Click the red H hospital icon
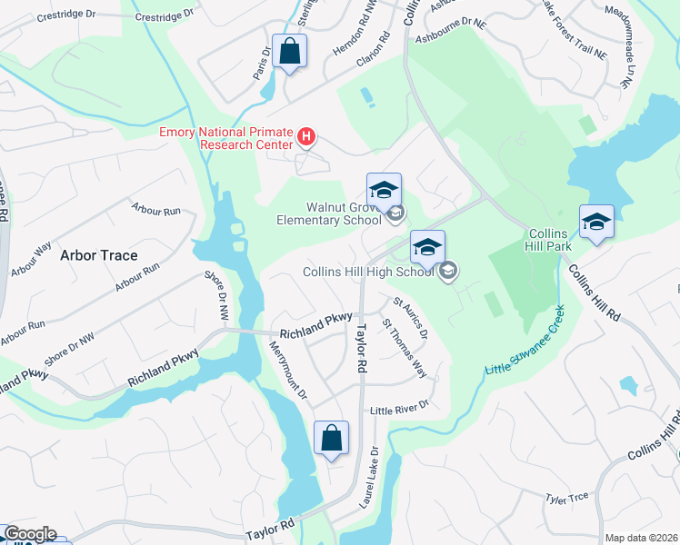click(x=307, y=138)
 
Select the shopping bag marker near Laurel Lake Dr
click(x=332, y=439)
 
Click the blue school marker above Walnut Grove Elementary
click(x=384, y=191)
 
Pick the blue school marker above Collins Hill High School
click(x=427, y=247)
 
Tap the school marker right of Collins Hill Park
click(x=596, y=223)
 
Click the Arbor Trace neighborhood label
click(x=99, y=255)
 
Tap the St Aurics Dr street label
click(x=410, y=317)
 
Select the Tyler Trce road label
click(x=567, y=498)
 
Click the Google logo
click(x=29, y=534)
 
